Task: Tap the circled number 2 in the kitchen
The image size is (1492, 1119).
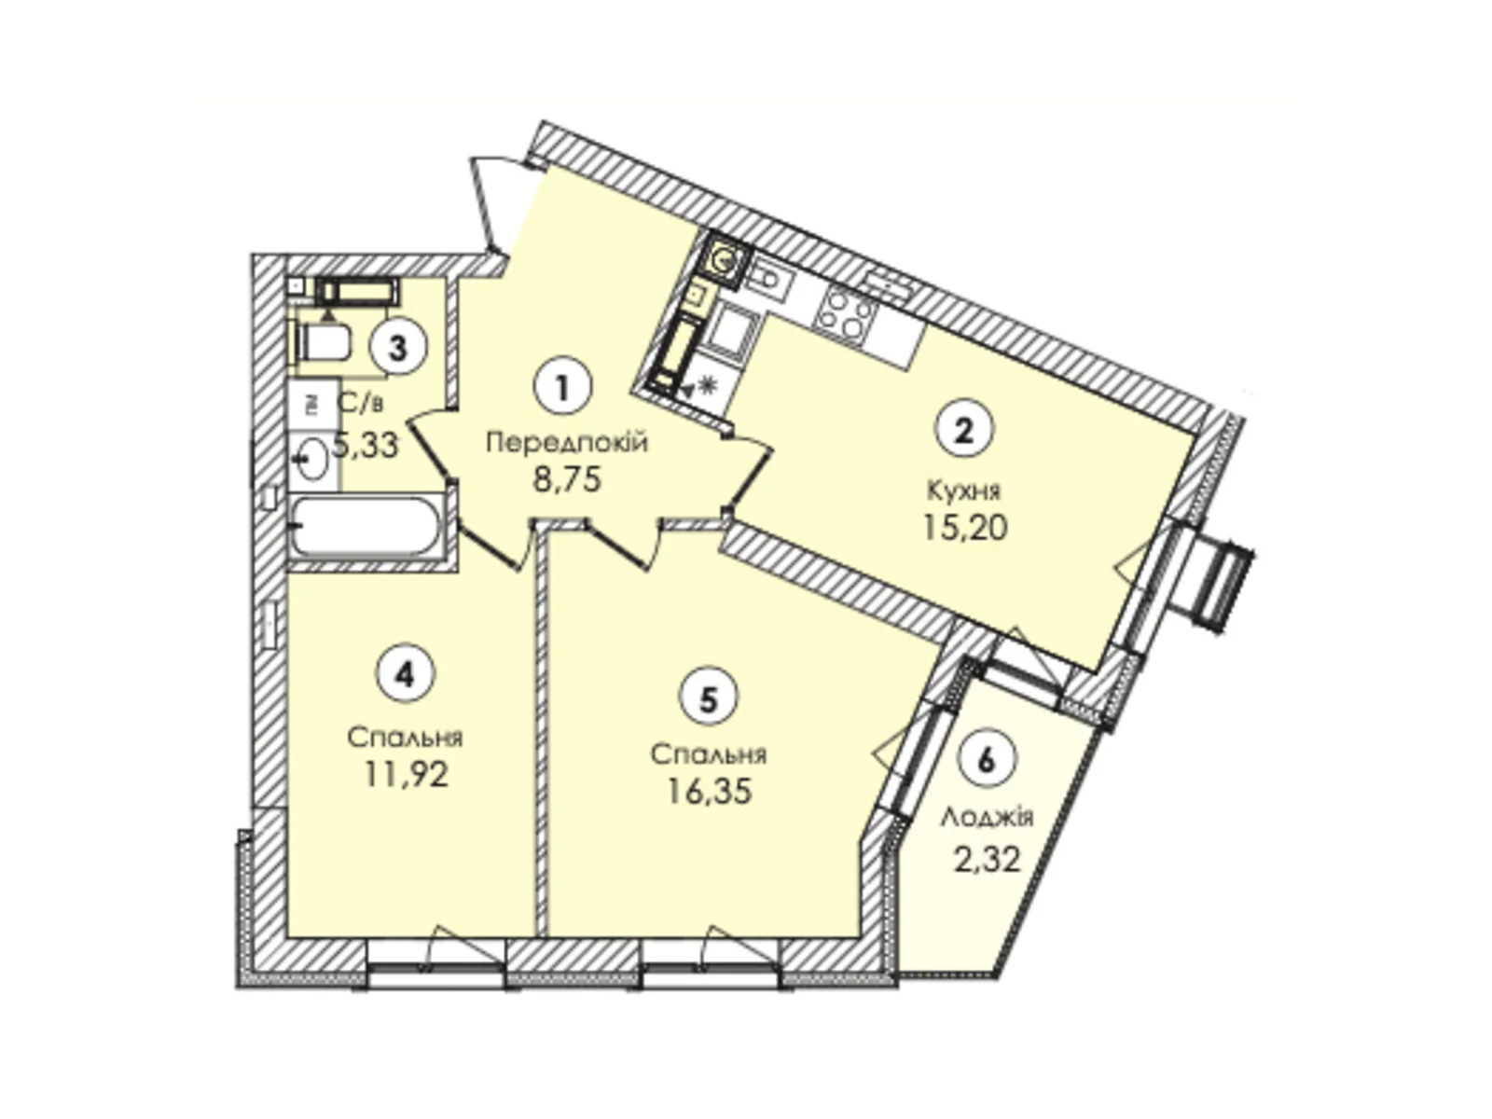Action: point(965,430)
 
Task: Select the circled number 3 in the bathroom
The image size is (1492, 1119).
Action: point(398,348)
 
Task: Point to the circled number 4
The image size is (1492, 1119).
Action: point(405,673)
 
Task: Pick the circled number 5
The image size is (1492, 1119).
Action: point(709,699)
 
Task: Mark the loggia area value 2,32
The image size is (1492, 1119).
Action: point(987,856)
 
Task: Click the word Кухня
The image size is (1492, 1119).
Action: point(964,489)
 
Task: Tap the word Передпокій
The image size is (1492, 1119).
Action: point(566,442)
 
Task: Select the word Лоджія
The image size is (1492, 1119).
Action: point(987,818)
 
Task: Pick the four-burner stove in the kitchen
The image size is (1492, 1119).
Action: point(845,311)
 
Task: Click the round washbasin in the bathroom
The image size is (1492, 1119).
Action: point(311,459)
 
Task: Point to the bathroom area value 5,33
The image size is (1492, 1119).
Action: point(366,445)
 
